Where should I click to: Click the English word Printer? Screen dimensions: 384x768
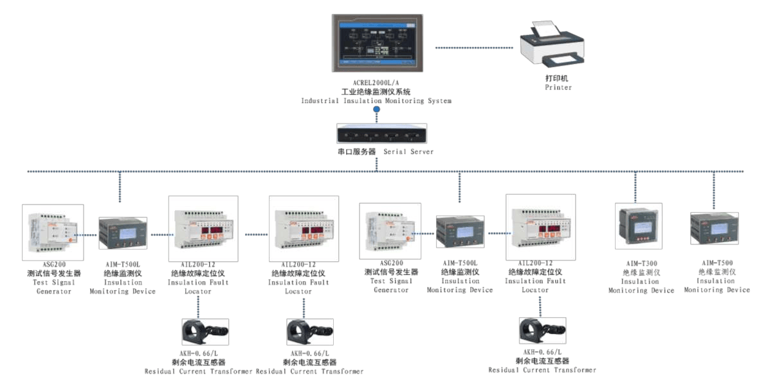click(558, 87)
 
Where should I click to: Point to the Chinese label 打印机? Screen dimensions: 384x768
click(558, 78)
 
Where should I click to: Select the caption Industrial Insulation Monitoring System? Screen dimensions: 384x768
click(376, 101)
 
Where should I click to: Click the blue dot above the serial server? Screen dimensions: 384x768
click(377, 111)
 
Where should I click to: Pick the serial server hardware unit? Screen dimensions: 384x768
click(376, 133)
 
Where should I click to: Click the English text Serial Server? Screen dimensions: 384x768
click(408, 152)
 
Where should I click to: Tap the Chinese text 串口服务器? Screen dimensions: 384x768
click(356, 152)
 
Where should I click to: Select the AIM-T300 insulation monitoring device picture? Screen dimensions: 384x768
click(638, 225)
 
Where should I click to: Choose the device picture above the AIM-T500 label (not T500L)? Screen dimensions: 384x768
click(714, 228)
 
